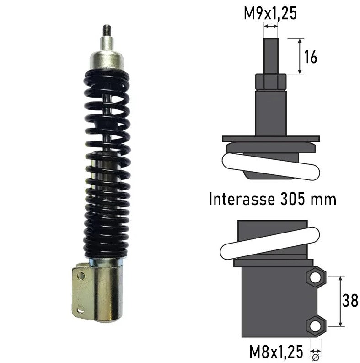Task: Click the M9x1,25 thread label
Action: [x=270, y=13]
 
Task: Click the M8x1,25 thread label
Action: [x=276, y=352]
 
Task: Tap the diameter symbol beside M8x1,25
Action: [x=316, y=352]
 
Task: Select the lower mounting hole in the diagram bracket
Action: [x=316, y=325]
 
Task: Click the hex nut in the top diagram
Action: [x=270, y=81]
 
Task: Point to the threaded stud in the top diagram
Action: [x=270, y=55]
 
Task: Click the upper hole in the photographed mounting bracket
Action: [x=81, y=275]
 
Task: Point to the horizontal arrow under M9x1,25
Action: [x=270, y=27]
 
